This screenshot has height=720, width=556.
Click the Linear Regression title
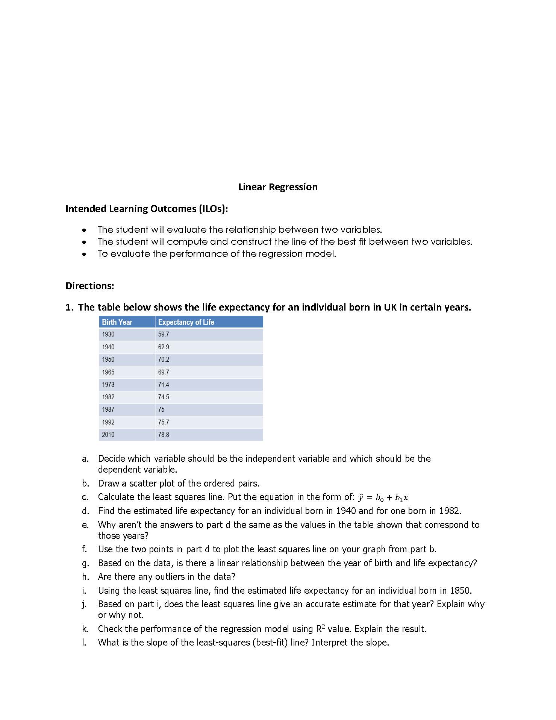point(278,187)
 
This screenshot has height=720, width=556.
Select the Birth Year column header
point(117,322)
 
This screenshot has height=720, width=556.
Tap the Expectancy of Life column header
point(186,322)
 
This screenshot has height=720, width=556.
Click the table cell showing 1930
point(108,334)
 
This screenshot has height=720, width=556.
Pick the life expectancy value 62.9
point(164,347)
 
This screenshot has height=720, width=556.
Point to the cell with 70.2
point(164,359)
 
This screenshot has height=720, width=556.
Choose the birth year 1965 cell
point(108,372)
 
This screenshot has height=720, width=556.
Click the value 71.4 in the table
point(164,385)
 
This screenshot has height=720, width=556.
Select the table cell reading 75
point(161,409)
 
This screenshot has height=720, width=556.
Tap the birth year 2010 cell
point(108,435)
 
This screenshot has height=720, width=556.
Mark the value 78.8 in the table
point(164,435)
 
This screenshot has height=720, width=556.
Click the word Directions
point(89,286)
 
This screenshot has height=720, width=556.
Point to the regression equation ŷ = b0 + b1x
point(383,497)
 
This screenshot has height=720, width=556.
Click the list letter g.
point(85,563)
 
